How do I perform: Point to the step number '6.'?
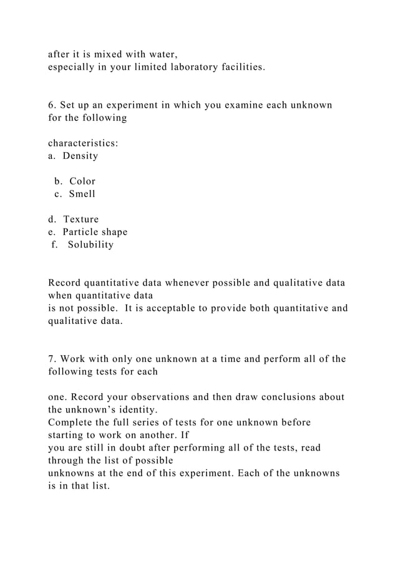point(52,105)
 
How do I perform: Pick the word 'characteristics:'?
point(84,143)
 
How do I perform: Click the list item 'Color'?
point(82,181)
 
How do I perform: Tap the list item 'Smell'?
point(82,194)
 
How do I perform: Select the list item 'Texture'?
point(81,219)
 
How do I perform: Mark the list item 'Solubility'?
point(91,244)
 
